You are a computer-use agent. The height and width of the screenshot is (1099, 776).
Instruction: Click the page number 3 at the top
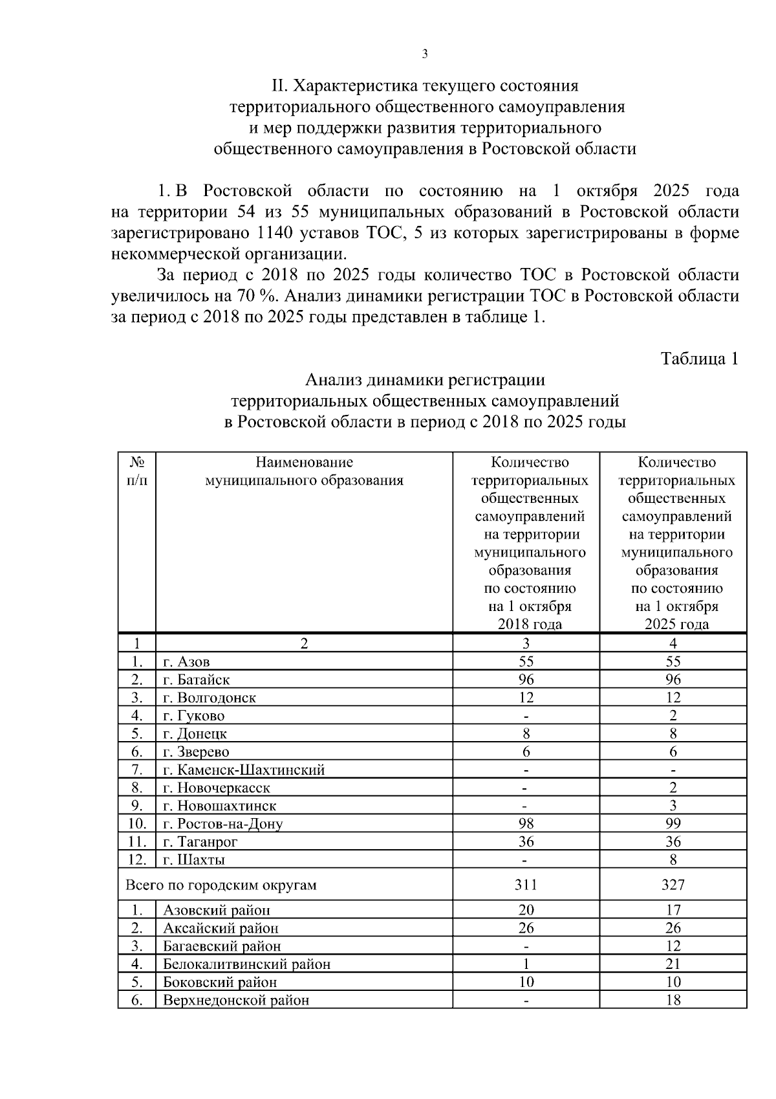(425, 54)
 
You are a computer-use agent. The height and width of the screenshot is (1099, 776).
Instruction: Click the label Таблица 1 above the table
(699, 359)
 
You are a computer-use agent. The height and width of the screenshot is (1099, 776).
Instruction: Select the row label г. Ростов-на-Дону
(222, 824)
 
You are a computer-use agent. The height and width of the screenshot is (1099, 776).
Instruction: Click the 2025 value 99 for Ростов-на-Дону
(673, 823)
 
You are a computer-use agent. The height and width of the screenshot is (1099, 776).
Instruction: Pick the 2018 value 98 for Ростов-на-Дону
(526, 823)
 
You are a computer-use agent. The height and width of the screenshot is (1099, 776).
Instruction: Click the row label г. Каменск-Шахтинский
(243, 770)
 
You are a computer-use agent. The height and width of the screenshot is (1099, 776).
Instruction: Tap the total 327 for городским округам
(673, 885)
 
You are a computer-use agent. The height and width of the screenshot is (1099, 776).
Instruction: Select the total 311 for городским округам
(526, 885)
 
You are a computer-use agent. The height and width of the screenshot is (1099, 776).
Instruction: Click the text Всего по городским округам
(221, 885)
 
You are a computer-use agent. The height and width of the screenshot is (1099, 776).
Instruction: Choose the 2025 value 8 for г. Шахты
(673, 860)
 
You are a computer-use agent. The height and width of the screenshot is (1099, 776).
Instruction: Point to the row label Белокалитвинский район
(246, 964)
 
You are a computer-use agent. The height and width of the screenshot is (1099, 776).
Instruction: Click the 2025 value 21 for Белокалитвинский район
(673, 964)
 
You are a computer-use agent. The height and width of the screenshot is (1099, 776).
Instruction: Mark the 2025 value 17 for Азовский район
(673, 910)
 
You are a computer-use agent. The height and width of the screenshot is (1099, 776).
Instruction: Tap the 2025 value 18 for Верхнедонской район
(673, 1000)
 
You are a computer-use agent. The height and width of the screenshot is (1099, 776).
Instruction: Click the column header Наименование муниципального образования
(304, 471)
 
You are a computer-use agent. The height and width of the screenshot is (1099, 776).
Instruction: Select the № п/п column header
(136, 471)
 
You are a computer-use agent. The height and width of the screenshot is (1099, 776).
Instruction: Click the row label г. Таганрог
(200, 842)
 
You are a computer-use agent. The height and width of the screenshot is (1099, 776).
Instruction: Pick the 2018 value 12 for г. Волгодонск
(526, 698)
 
